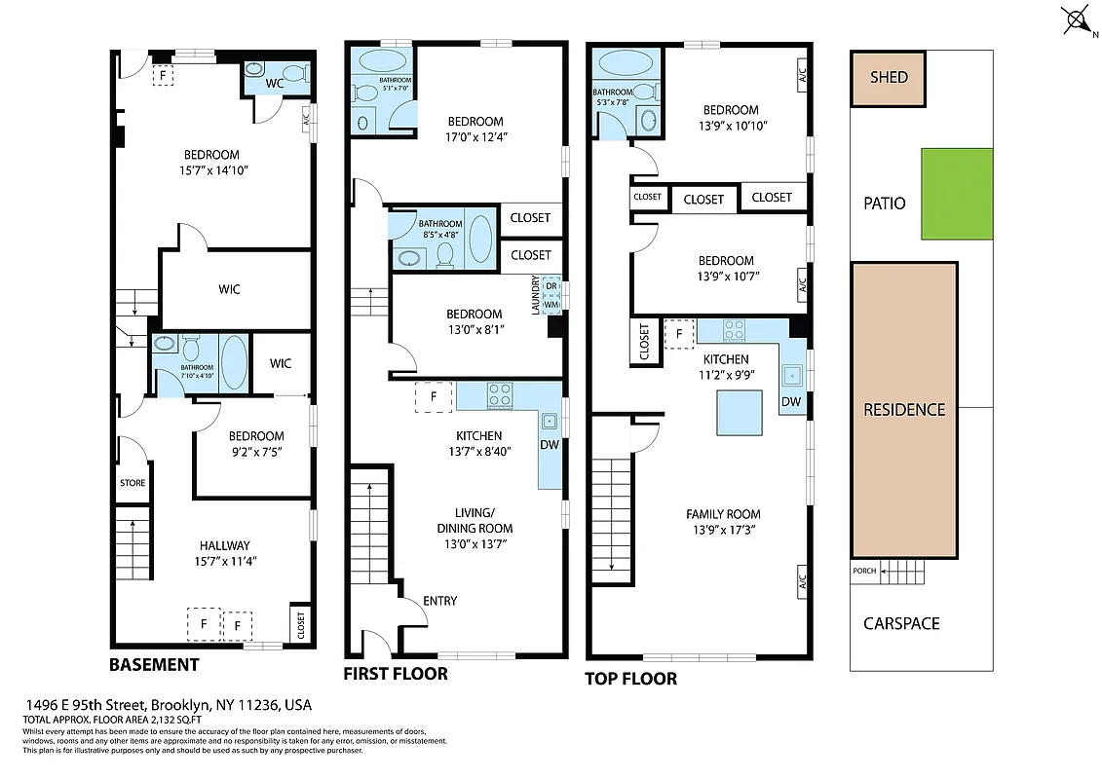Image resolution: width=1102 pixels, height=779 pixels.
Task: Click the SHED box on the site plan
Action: pos(888,78)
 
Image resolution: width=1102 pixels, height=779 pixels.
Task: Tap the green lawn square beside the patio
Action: pos(957,194)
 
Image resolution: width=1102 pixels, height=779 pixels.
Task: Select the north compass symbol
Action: pos(1076,19)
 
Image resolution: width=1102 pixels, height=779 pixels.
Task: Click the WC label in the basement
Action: pos(275,85)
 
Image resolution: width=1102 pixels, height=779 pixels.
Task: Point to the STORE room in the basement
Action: pos(133,483)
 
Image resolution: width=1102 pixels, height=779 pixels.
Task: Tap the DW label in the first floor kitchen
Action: pos(551,446)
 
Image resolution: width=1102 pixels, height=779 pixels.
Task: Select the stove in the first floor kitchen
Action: pos(500,394)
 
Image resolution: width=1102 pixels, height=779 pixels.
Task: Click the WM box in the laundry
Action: pos(551,305)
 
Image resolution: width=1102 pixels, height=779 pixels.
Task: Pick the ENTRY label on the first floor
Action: pos(439,601)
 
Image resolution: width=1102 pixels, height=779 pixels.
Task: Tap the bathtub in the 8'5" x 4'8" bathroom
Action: pos(480,237)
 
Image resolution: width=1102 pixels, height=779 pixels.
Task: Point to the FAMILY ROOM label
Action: pos(723,514)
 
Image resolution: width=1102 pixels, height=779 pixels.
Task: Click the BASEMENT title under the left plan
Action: pos(154,665)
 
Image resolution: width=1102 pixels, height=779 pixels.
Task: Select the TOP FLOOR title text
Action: pos(630,679)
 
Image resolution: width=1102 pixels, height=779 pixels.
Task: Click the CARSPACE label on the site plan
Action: pos(901,623)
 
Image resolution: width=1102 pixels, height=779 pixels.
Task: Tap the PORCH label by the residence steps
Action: pos(863,571)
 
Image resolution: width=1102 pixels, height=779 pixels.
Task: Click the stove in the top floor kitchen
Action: pos(734,330)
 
